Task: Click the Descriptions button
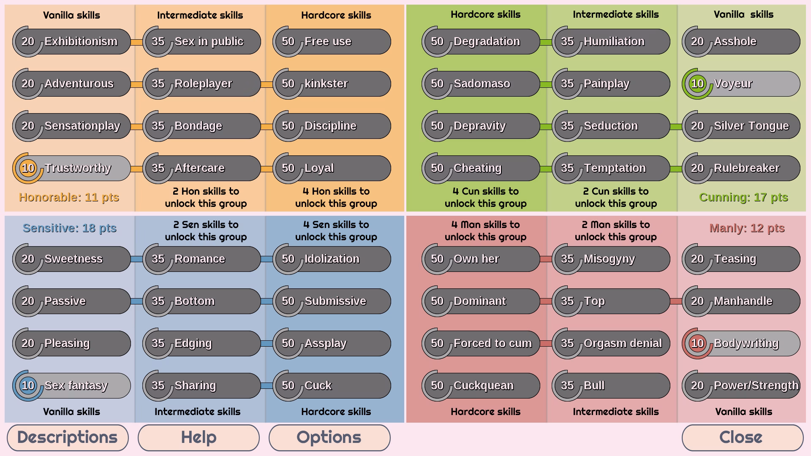click(68, 437)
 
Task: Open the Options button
click(329, 437)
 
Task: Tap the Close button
click(742, 437)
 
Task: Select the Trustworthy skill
click(78, 168)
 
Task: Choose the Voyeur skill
click(748, 84)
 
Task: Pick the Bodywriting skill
click(748, 343)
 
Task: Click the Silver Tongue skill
click(751, 126)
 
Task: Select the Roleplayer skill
click(203, 84)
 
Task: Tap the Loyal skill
click(334, 168)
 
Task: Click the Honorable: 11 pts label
click(69, 197)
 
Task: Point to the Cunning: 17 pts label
click(743, 197)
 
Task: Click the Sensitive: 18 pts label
click(69, 228)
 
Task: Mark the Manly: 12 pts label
click(747, 228)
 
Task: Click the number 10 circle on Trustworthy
click(28, 168)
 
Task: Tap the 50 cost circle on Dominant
click(437, 301)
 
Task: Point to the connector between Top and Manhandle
click(676, 301)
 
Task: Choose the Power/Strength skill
click(751, 385)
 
